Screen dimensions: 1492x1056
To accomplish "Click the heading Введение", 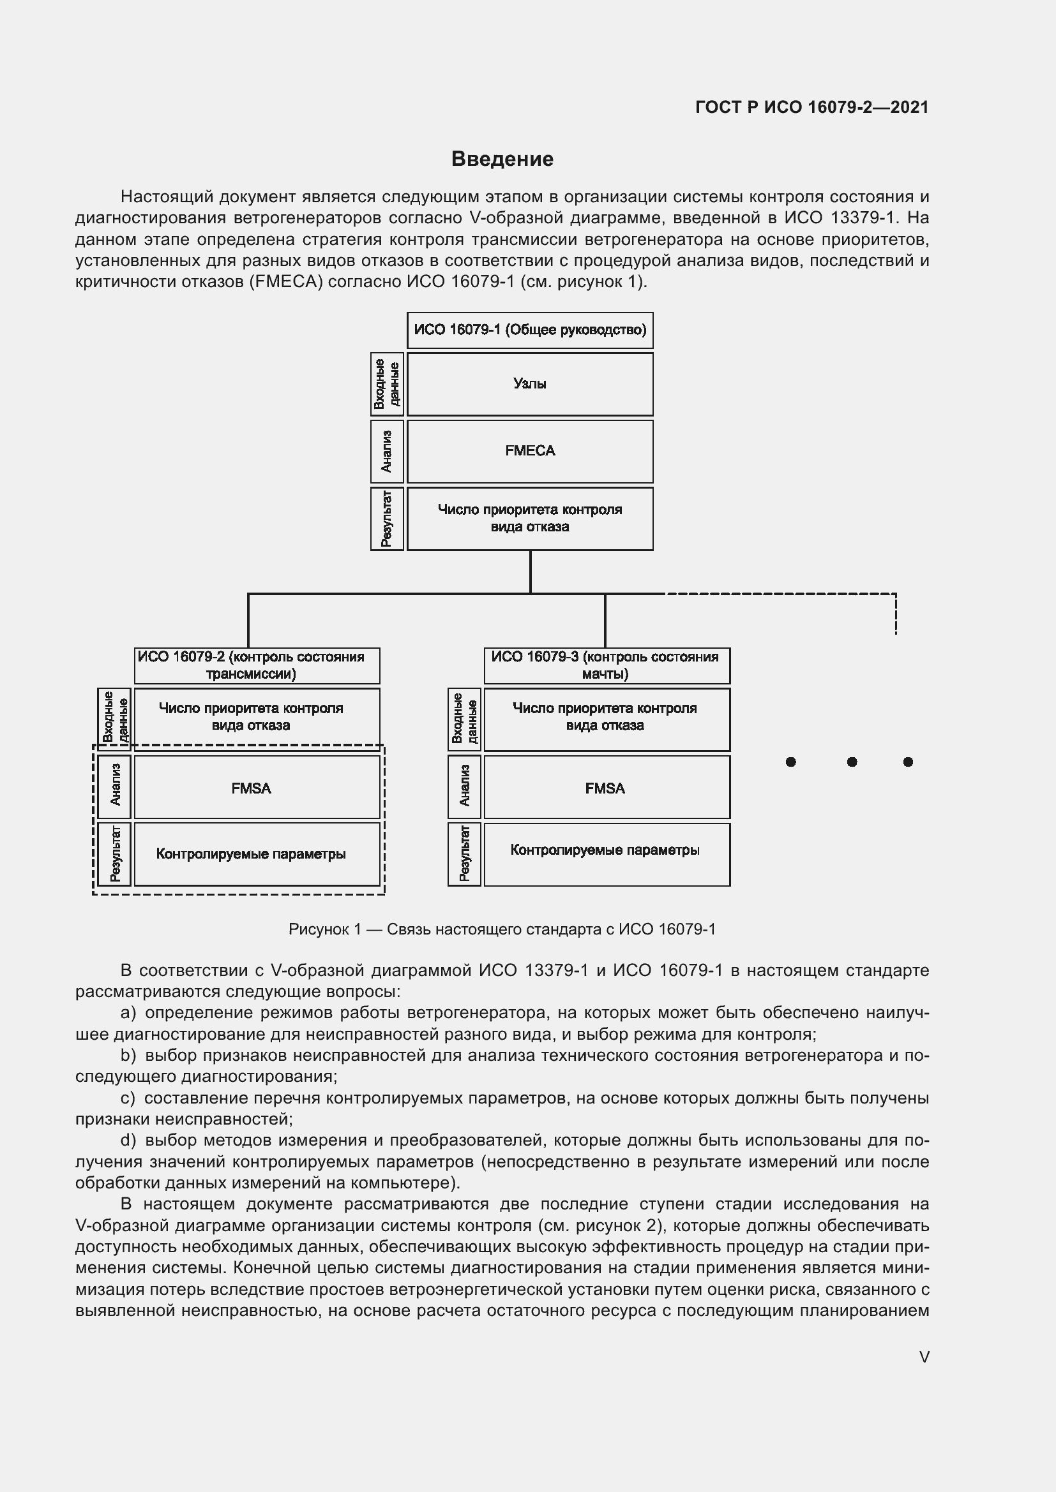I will [502, 159].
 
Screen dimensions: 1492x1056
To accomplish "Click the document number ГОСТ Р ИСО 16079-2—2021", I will [811, 107].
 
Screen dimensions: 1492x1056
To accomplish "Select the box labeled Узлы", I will [529, 384].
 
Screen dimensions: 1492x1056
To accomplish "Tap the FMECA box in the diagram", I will [529, 451].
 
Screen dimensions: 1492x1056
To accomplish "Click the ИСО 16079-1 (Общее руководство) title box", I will [529, 330].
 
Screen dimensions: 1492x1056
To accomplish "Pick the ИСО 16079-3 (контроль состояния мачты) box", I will [606, 665].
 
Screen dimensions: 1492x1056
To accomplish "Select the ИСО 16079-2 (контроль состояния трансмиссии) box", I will [257, 665].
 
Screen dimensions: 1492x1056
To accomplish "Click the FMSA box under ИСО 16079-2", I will [257, 788].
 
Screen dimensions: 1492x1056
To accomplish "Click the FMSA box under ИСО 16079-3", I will [606, 788].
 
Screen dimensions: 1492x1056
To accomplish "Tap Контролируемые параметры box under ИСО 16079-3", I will [606, 853].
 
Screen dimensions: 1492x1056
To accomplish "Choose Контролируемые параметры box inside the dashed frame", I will [257, 853].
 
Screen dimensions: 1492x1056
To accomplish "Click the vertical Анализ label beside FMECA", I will [387, 451].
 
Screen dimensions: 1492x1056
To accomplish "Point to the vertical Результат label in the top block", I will [387, 519].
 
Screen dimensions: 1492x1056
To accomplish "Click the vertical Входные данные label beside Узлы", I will [387, 384].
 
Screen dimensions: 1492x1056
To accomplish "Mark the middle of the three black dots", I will [852, 762].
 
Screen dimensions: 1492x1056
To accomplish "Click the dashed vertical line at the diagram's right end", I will [895, 614].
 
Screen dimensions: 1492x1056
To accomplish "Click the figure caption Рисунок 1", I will [501, 929].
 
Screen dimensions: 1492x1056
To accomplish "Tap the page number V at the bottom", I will [924, 1357].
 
